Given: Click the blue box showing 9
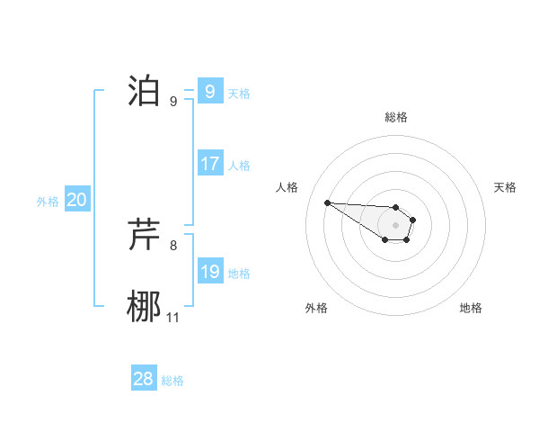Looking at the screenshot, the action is pyautogui.click(x=209, y=92).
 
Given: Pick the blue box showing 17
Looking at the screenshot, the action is pyautogui.click(x=209, y=164).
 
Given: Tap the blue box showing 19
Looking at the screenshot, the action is pyautogui.click(x=209, y=272).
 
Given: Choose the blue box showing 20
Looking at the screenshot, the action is pyautogui.click(x=76, y=200).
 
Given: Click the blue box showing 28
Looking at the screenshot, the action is pyautogui.click(x=143, y=379).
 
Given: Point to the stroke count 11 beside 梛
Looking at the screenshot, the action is pyautogui.click(x=173, y=318).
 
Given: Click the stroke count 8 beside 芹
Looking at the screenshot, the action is pyautogui.click(x=173, y=245).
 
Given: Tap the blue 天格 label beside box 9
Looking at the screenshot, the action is pyautogui.click(x=239, y=94).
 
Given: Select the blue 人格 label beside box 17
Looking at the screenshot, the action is pyautogui.click(x=239, y=166).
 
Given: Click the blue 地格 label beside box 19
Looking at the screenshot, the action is pyautogui.click(x=239, y=274).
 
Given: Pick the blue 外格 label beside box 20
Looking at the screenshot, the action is pyautogui.click(x=48, y=202).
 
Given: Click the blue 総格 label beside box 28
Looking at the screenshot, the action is pyautogui.click(x=172, y=381).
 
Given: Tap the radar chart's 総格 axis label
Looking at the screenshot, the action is pyautogui.click(x=396, y=117).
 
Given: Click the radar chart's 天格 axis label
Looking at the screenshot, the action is pyautogui.click(x=506, y=187).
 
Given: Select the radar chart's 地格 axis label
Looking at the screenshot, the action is pyautogui.click(x=471, y=308).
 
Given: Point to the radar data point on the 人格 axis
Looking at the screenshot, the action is pyautogui.click(x=327, y=202).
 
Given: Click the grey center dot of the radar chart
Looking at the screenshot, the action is pyautogui.click(x=396, y=224).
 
